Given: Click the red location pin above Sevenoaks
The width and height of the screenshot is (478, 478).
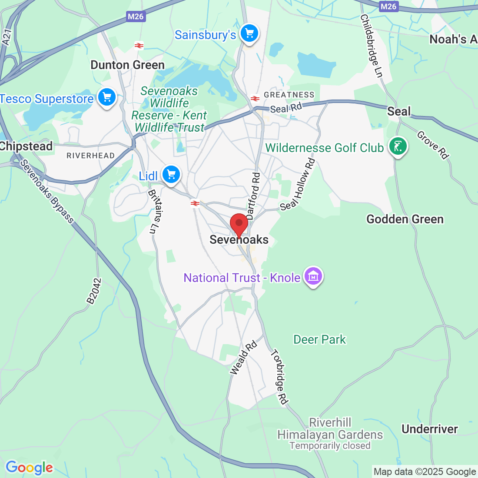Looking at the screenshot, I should pos(239,224).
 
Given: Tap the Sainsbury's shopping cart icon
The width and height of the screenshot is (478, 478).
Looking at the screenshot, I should pos(249,33).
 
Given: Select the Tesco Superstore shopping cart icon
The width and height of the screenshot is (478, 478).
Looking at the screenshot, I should pos(106,97).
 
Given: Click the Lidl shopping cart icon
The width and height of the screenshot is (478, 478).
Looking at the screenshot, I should pos(171,175).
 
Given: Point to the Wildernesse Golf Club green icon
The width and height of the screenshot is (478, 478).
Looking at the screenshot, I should pos(398,146).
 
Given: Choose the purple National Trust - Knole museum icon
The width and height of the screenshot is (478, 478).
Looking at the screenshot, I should pos(313,276).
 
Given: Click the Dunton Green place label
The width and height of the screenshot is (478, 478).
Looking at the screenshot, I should pos(127,65).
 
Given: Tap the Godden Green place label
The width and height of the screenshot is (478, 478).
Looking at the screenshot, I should pos(405,219).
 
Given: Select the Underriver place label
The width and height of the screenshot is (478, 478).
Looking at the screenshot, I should pos(429,429).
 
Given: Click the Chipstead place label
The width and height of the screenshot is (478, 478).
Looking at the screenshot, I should pos(26,146).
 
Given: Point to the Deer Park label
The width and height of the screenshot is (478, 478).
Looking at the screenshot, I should pos(320,339).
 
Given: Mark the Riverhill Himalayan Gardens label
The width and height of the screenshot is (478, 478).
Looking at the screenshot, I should pos(330,428).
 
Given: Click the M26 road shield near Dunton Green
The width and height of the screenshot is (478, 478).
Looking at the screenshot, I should pos(136,17).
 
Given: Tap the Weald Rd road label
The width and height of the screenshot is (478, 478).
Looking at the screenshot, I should pos(243,358).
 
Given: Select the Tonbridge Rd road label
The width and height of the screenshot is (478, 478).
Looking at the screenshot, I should pos(279,377).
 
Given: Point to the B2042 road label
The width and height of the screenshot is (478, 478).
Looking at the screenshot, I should pos(94,291).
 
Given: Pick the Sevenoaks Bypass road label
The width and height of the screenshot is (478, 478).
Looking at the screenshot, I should pos(47,191).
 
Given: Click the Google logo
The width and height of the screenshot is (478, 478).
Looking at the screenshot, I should pos(29,468).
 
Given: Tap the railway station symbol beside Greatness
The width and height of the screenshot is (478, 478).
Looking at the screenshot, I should pos(255,98).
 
